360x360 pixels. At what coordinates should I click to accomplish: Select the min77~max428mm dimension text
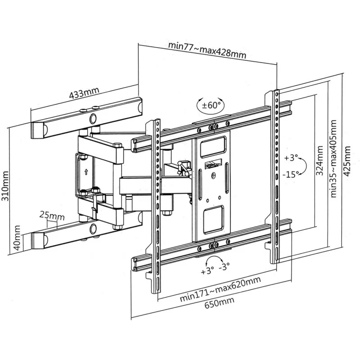click(207, 50)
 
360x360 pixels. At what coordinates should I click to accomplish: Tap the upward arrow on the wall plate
click(85, 171)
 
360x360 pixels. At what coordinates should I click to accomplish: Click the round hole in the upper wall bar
click(93, 119)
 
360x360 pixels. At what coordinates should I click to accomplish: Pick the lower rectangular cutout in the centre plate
click(213, 220)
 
